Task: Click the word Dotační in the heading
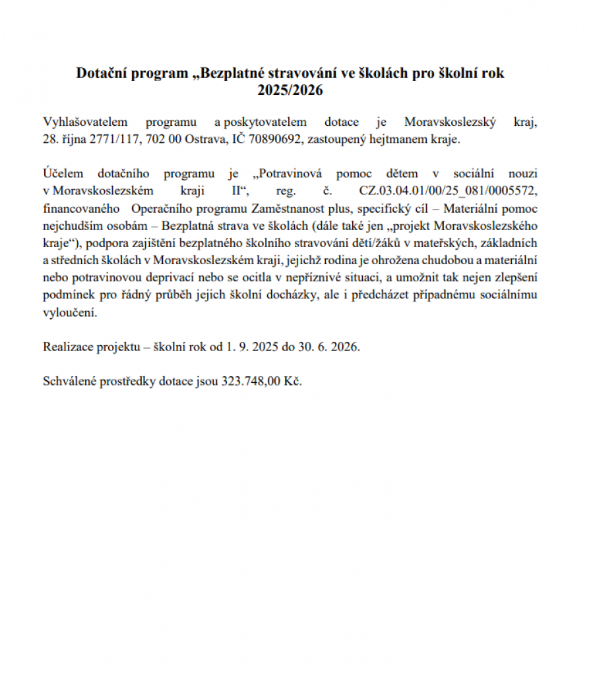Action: point(104,73)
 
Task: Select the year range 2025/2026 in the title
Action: point(290,90)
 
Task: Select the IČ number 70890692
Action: point(272,139)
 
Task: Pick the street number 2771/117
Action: point(109,139)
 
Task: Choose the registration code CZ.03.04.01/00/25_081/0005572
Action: point(448,191)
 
